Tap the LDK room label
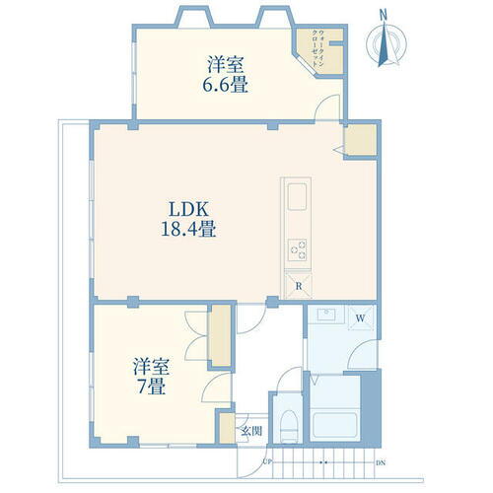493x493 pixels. pos(187,210)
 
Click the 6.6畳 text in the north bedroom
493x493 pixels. pos(226,85)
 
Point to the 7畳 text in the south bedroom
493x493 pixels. pos(153,386)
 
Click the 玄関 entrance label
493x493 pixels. pos(252,430)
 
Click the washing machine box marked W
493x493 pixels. pos(361,317)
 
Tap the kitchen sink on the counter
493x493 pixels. pos(298,202)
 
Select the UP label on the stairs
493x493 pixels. pos(267,460)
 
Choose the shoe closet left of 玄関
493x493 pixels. pos(228,428)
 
